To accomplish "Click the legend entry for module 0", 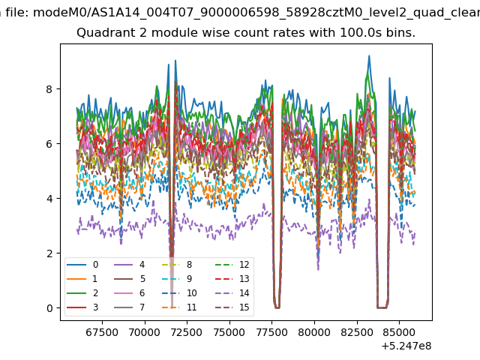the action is pos(82,265).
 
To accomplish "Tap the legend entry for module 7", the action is pos(129,307).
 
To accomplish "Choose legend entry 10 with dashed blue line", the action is pos(180,293).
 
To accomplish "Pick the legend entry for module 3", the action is pos(82,307).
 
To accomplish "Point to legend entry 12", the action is pos(232,265).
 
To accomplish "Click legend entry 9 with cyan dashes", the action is pos(177,278).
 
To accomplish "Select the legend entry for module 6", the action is pos(129,293).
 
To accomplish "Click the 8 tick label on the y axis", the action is pos(49,89).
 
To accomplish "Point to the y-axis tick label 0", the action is pos(49,308).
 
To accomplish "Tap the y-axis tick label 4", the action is pos(49,199).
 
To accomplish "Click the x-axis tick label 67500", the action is pos(102,332).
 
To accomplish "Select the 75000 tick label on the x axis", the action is pos(229,332).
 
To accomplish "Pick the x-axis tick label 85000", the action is pos(399,332).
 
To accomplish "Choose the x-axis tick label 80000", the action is pos(314,332).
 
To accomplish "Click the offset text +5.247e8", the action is pos(406,346).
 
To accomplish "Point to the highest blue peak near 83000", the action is pos(369,55).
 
